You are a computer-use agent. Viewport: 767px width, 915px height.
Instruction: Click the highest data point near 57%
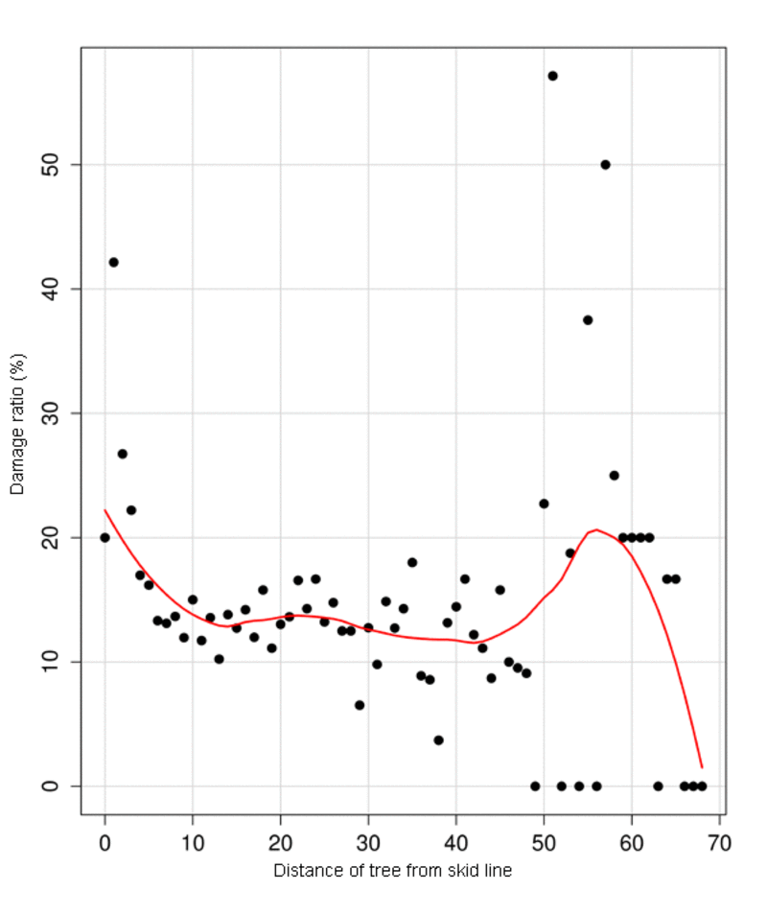(x=552, y=76)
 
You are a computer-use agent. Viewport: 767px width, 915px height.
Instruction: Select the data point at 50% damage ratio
(x=605, y=164)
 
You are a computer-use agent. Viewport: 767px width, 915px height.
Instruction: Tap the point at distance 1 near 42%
(x=113, y=262)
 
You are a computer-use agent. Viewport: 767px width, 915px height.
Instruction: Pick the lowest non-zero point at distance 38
(x=438, y=739)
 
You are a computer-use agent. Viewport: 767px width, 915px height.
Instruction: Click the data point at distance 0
(x=105, y=537)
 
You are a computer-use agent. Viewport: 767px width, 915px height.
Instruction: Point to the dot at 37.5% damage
(x=588, y=319)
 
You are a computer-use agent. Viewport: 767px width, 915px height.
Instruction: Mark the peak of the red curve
(x=596, y=529)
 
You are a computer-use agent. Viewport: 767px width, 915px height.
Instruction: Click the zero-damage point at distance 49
(x=535, y=786)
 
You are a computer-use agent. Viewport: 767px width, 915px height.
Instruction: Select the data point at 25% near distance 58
(x=614, y=475)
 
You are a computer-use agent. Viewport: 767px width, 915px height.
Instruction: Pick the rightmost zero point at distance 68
(x=702, y=786)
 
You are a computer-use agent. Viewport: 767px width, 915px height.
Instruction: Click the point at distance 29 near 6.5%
(x=360, y=704)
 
